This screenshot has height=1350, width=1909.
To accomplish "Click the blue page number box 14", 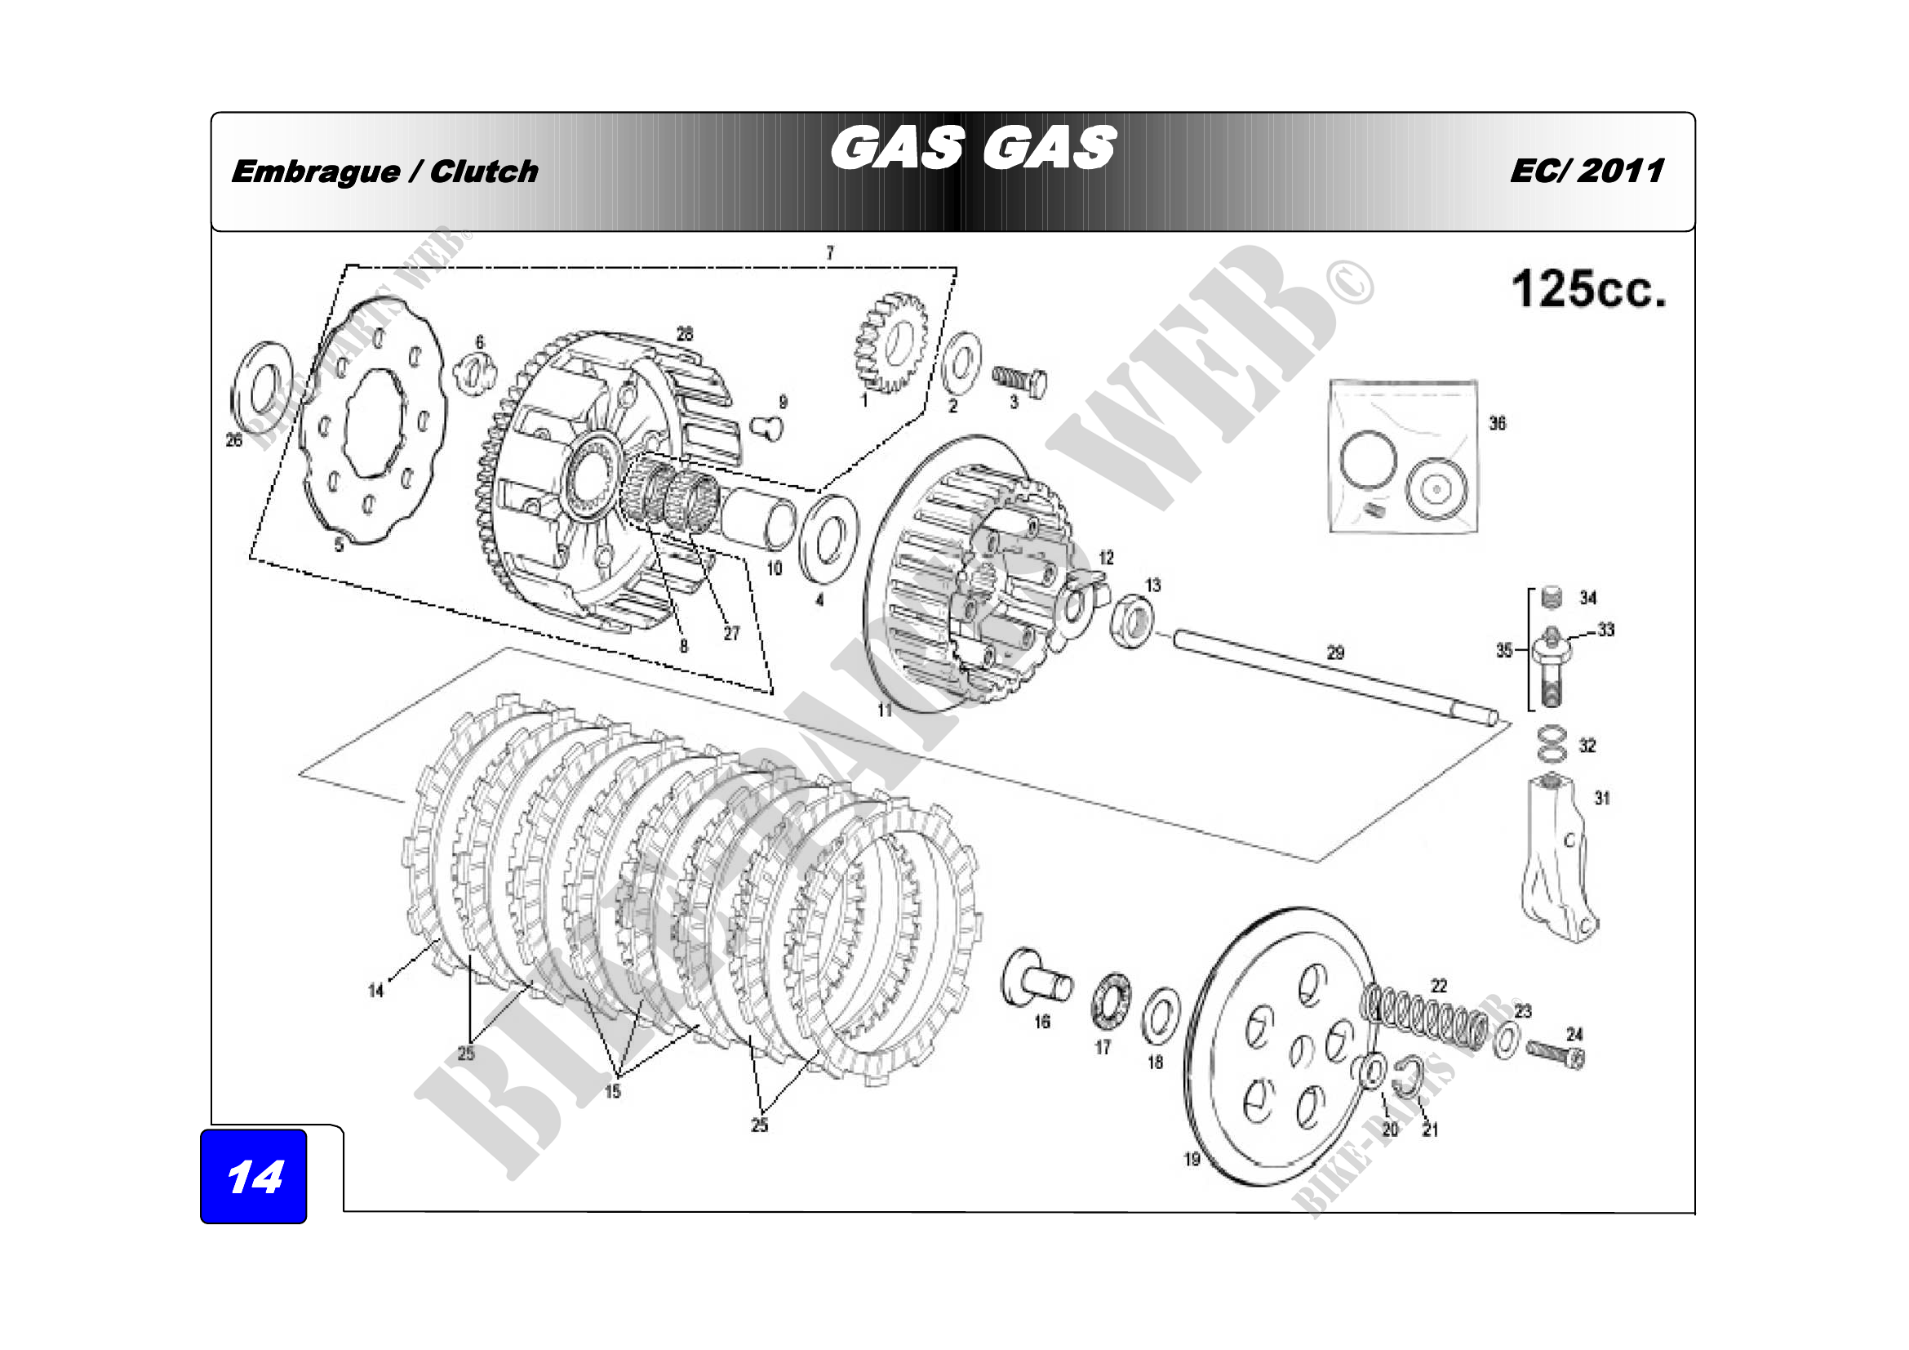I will (x=254, y=1176).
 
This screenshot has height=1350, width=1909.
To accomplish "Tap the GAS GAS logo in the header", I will (x=972, y=149).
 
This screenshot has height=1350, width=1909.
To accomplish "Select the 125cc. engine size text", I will (x=1589, y=289).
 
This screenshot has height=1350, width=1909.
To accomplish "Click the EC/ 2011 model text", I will (x=1587, y=172).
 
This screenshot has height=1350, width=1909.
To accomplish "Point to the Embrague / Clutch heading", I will (x=385, y=172).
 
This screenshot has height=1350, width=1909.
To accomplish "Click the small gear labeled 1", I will (x=891, y=342).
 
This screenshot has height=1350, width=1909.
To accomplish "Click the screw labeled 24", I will (x=1556, y=1054).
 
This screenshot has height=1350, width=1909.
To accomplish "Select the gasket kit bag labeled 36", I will (x=1404, y=456).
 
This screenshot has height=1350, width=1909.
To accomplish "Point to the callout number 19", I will (x=1192, y=1159).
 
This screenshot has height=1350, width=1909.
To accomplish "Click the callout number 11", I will (x=885, y=710).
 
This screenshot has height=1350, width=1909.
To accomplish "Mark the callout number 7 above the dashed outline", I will (x=829, y=253).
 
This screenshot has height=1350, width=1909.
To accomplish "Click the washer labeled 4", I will (x=828, y=539).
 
